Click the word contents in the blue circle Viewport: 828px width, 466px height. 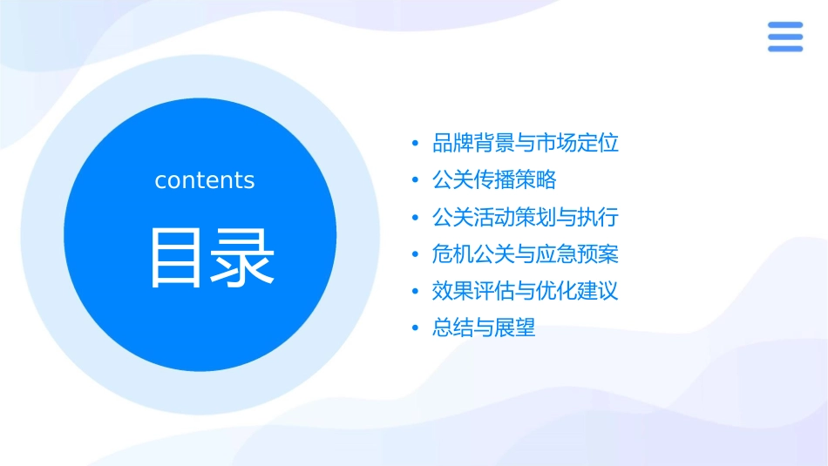(205, 180)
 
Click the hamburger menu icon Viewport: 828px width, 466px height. (784, 37)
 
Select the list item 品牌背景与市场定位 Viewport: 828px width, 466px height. (526, 143)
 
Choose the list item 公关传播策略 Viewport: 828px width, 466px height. (494, 180)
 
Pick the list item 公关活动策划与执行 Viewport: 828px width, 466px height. (526, 217)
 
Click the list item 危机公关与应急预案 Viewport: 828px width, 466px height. (526, 254)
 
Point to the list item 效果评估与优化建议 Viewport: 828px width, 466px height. (526, 291)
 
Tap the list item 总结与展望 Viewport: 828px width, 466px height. (484, 328)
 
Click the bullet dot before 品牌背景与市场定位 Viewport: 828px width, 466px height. (415, 144)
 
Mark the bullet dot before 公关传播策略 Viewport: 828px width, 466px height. (415, 180)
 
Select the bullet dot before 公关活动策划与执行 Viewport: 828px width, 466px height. (415, 218)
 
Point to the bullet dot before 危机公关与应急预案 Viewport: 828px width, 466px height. (415, 254)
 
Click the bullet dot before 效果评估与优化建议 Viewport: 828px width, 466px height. (415, 292)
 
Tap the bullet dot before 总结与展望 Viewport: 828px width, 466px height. (415, 328)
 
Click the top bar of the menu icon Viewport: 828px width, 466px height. (784, 25)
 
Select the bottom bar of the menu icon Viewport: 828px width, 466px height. (784, 48)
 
